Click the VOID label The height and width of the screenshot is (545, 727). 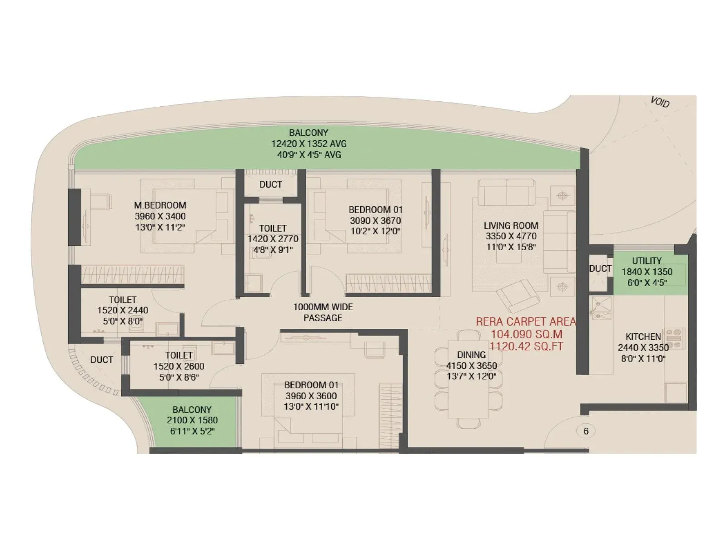pos(660,102)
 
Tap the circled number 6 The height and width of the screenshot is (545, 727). pos(586,431)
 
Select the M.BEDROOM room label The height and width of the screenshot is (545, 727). pos(160,205)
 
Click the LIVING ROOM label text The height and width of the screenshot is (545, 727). pos(511,225)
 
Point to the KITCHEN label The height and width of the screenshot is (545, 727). pos(643,337)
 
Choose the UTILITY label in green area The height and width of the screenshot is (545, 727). pos(647,261)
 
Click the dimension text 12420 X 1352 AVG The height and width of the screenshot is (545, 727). pos(309,144)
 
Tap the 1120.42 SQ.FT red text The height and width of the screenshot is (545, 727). pos(526,347)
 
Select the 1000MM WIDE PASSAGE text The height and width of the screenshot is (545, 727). pos(323,312)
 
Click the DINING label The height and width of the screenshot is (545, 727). pos(471,355)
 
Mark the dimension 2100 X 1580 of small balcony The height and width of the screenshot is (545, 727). pos(192,420)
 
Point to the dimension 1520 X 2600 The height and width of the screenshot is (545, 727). pos(179,366)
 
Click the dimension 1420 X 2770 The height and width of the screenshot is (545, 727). pos(273,239)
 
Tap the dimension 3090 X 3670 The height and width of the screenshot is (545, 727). pos(375,221)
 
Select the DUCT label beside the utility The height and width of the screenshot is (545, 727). pos(600,269)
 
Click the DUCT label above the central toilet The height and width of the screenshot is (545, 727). pos(270,184)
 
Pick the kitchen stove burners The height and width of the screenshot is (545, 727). pos(675,339)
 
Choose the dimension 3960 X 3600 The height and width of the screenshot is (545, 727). pos(311,396)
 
